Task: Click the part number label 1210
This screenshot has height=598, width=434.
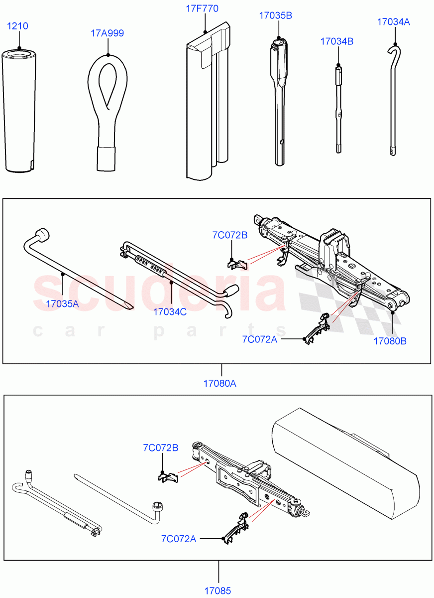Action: pyautogui.click(x=17, y=26)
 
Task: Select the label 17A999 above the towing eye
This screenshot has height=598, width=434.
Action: pyautogui.click(x=107, y=33)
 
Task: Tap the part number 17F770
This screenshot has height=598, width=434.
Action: pyautogui.click(x=203, y=8)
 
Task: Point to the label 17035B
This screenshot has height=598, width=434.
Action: pyautogui.click(x=275, y=15)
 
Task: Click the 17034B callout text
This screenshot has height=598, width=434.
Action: pyautogui.click(x=336, y=41)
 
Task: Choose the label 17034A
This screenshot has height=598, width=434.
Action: pyautogui.click(x=393, y=21)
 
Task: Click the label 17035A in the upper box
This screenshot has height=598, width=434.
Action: pyautogui.click(x=62, y=303)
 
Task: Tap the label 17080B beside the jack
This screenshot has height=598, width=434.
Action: pyautogui.click(x=390, y=341)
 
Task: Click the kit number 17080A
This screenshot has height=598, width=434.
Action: pyautogui.click(x=219, y=383)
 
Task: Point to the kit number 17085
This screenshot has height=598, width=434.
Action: pyautogui.click(x=217, y=591)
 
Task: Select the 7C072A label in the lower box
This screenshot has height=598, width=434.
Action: pyautogui.click(x=178, y=538)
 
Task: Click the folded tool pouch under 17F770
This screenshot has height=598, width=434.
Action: pyautogui.click(x=209, y=105)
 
